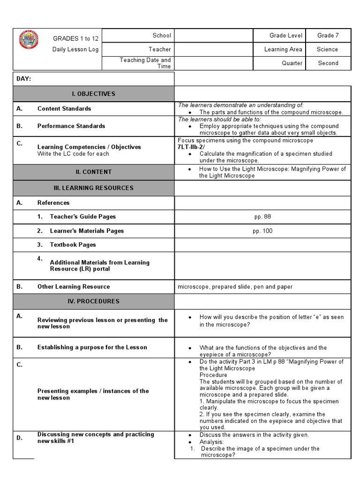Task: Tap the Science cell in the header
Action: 327,49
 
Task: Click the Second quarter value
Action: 328,63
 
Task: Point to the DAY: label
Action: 23,79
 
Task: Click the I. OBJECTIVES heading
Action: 93,94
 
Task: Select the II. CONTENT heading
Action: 93,172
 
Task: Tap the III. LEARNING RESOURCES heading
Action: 93,188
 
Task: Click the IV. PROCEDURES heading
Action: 93,301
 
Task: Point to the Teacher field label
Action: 160,49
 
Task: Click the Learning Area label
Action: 283,49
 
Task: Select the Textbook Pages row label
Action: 73,245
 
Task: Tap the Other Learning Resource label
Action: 74,286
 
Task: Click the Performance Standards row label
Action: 71,126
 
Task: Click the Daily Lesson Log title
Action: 75,49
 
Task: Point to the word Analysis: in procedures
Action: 211,442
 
